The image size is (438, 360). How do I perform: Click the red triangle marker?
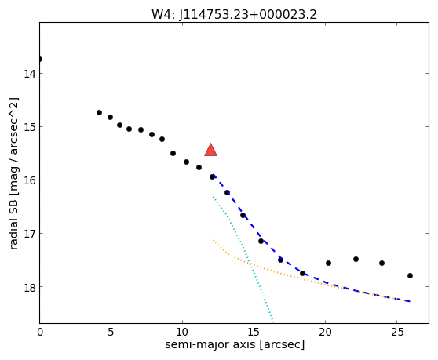[210, 150]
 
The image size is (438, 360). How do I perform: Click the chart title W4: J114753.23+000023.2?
[234, 14]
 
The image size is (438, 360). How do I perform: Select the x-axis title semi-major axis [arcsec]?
[235, 344]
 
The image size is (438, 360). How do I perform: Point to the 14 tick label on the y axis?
[29, 74]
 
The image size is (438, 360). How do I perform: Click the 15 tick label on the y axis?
[29, 127]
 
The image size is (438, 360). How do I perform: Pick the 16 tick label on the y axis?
[29, 180]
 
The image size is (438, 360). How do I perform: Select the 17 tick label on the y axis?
[29, 234]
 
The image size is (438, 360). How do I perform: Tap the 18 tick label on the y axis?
[29, 287]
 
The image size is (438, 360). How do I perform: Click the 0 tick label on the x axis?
[40, 332]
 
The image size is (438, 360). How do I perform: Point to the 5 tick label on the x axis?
[111, 332]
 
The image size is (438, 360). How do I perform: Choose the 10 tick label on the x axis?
[182, 332]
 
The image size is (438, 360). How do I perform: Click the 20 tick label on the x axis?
[325, 332]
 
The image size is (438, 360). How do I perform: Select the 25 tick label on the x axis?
[396, 332]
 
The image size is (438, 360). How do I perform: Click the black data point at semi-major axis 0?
[40, 59]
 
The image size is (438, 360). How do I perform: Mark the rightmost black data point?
[410, 276]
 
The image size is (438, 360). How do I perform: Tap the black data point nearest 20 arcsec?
[328, 264]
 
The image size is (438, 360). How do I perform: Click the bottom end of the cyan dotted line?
[273, 322]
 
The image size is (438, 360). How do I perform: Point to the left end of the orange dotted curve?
[214, 240]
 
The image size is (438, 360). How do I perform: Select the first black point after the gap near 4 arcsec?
[99, 112]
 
